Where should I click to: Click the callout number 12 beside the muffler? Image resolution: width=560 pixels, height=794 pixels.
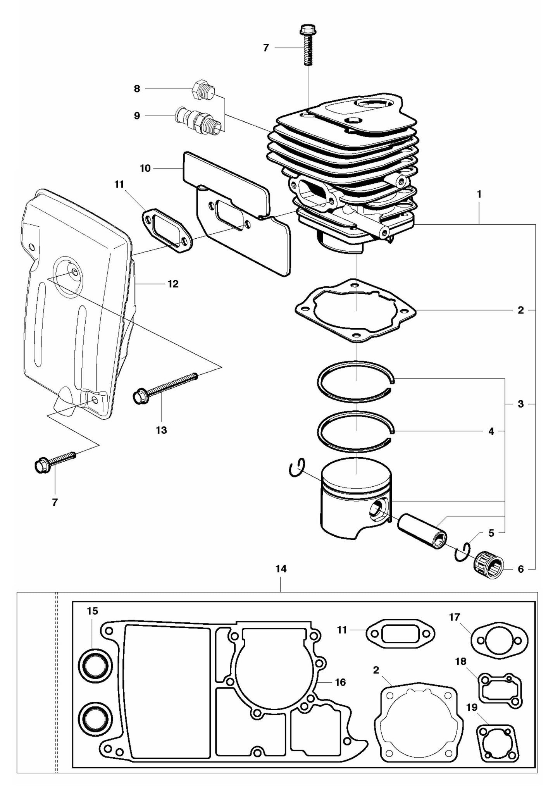point(173,284)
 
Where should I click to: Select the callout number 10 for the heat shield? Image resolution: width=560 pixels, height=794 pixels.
point(145,169)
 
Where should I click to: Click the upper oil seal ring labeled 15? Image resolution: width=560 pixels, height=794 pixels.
point(95,665)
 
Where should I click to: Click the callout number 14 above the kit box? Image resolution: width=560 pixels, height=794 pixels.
point(281,569)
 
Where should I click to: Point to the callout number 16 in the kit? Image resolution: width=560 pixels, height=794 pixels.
point(340,682)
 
